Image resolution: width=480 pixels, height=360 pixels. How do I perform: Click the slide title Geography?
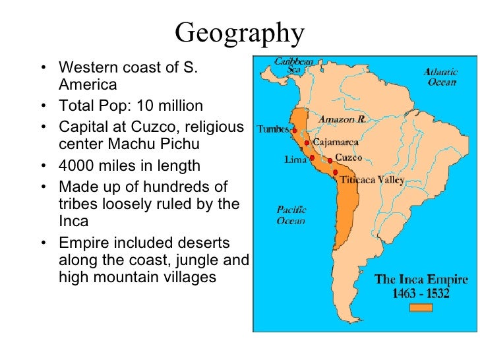tap(240, 31)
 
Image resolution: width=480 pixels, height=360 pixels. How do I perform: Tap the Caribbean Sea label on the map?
tap(294, 64)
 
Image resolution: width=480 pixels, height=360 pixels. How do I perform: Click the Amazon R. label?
tap(342, 120)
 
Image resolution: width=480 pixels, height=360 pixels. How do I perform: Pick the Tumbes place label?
tap(272, 129)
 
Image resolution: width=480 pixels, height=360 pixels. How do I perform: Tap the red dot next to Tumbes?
tap(294, 131)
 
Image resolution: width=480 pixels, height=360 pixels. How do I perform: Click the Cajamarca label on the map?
tap(336, 142)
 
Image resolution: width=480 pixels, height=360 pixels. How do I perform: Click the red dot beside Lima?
tap(312, 158)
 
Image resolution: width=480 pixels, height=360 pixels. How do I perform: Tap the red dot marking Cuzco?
tap(330, 160)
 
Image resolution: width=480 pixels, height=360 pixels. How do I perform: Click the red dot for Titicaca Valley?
tap(336, 173)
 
